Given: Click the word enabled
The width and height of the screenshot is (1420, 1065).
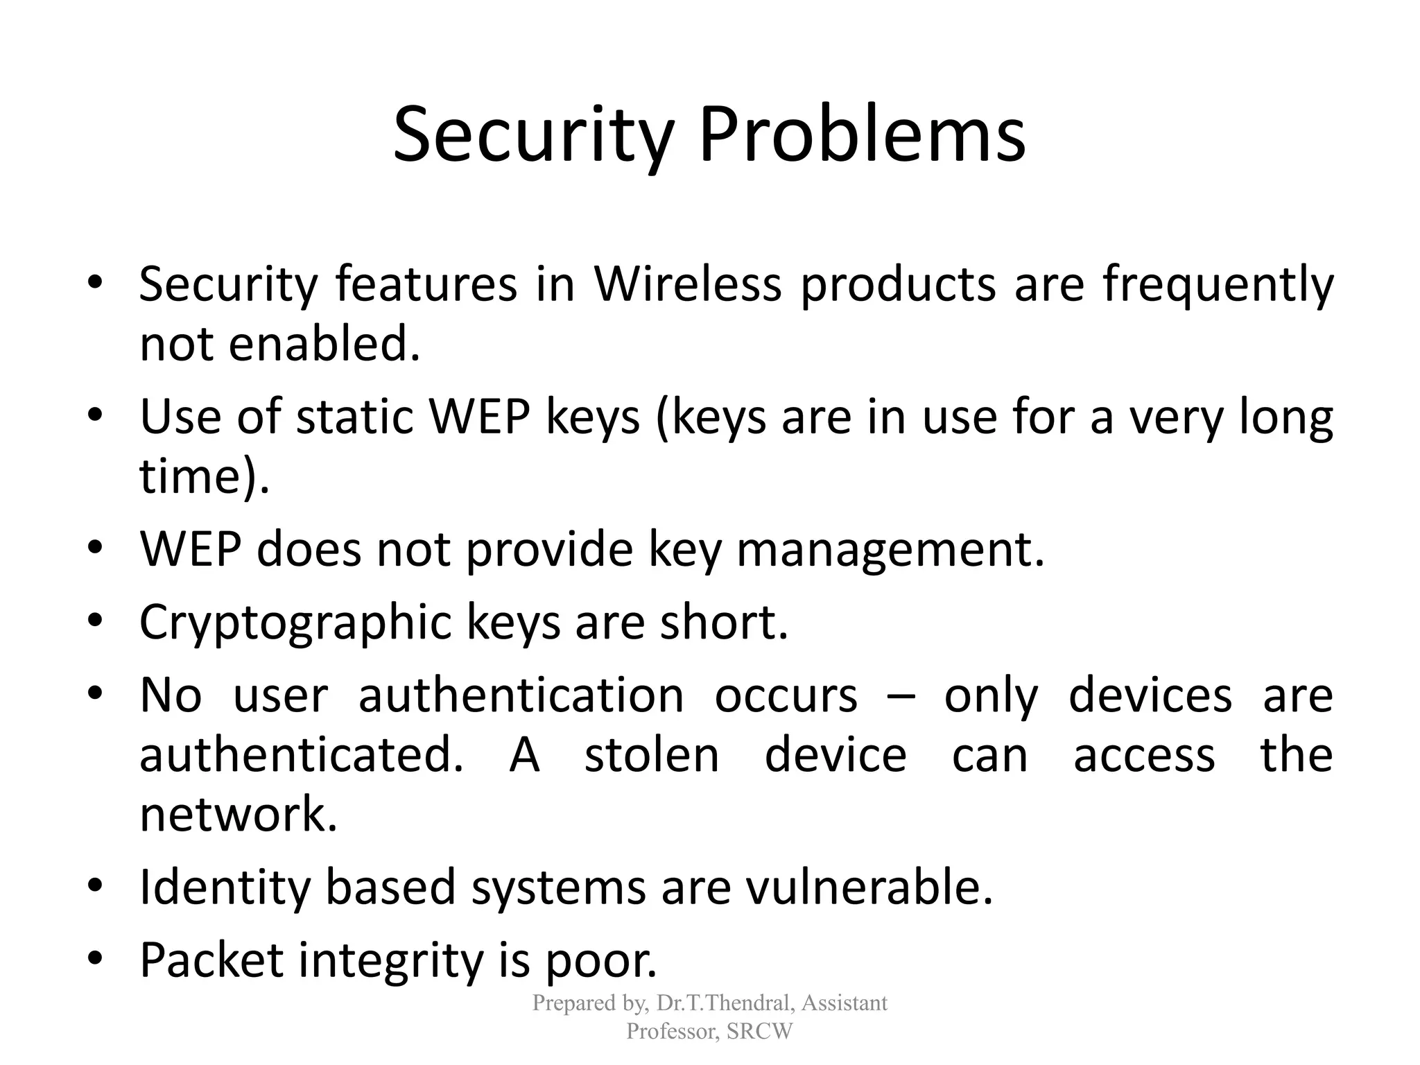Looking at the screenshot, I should (x=324, y=344).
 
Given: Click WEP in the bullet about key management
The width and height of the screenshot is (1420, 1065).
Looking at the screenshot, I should (x=190, y=549).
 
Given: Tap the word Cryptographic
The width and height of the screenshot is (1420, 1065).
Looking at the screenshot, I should (x=295, y=623).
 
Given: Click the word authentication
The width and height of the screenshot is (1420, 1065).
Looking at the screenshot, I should (x=521, y=695).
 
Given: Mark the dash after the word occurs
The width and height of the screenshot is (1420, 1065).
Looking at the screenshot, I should (x=901, y=697).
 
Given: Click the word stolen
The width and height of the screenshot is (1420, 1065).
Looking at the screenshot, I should (x=652, y=755).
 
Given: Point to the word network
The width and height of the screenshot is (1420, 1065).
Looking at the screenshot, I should (x=238, y=815).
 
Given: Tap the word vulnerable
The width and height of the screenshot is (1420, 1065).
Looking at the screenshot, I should (x=869, y=887).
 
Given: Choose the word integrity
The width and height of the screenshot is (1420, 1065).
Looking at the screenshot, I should (x=390, y=960).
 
